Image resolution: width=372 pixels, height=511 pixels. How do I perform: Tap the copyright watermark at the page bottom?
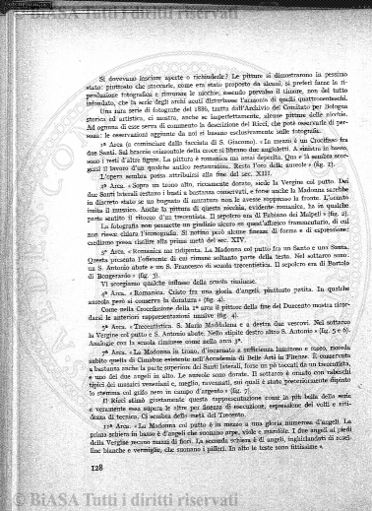186,496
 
